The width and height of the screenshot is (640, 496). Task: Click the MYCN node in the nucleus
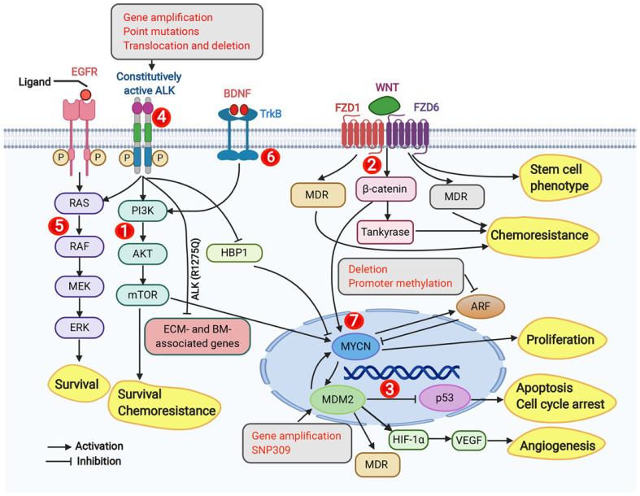coord(356,346)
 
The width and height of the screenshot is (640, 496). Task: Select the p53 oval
coord(445,398)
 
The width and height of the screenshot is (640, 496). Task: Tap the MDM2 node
coord(338,399)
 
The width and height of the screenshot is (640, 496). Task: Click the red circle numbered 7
coord(354,320)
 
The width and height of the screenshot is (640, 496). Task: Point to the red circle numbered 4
coord(161,118)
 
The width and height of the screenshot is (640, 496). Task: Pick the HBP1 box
coord(234,253)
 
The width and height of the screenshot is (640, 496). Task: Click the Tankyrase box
coord(385,233)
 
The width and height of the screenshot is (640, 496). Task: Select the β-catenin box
coord(385,189)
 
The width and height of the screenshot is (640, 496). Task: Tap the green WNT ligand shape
coord(384,106)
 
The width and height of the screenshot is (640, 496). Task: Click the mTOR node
coord(143,294)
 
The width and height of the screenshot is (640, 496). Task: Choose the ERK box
coord(80,328)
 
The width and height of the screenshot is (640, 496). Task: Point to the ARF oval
coord(481,307)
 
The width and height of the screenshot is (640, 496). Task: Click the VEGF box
coord(469,440)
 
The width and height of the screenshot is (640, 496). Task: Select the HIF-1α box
coord(408,440)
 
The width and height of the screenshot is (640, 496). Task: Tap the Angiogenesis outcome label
coord(557,446)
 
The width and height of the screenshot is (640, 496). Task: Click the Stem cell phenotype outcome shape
coord(560,177)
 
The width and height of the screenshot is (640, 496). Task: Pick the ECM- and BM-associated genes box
coord(198,337)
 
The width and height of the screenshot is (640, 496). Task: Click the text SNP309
coord(271,450)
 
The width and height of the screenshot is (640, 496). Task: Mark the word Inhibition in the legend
coord(99,461)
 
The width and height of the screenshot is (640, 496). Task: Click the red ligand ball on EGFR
coord(85,95)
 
